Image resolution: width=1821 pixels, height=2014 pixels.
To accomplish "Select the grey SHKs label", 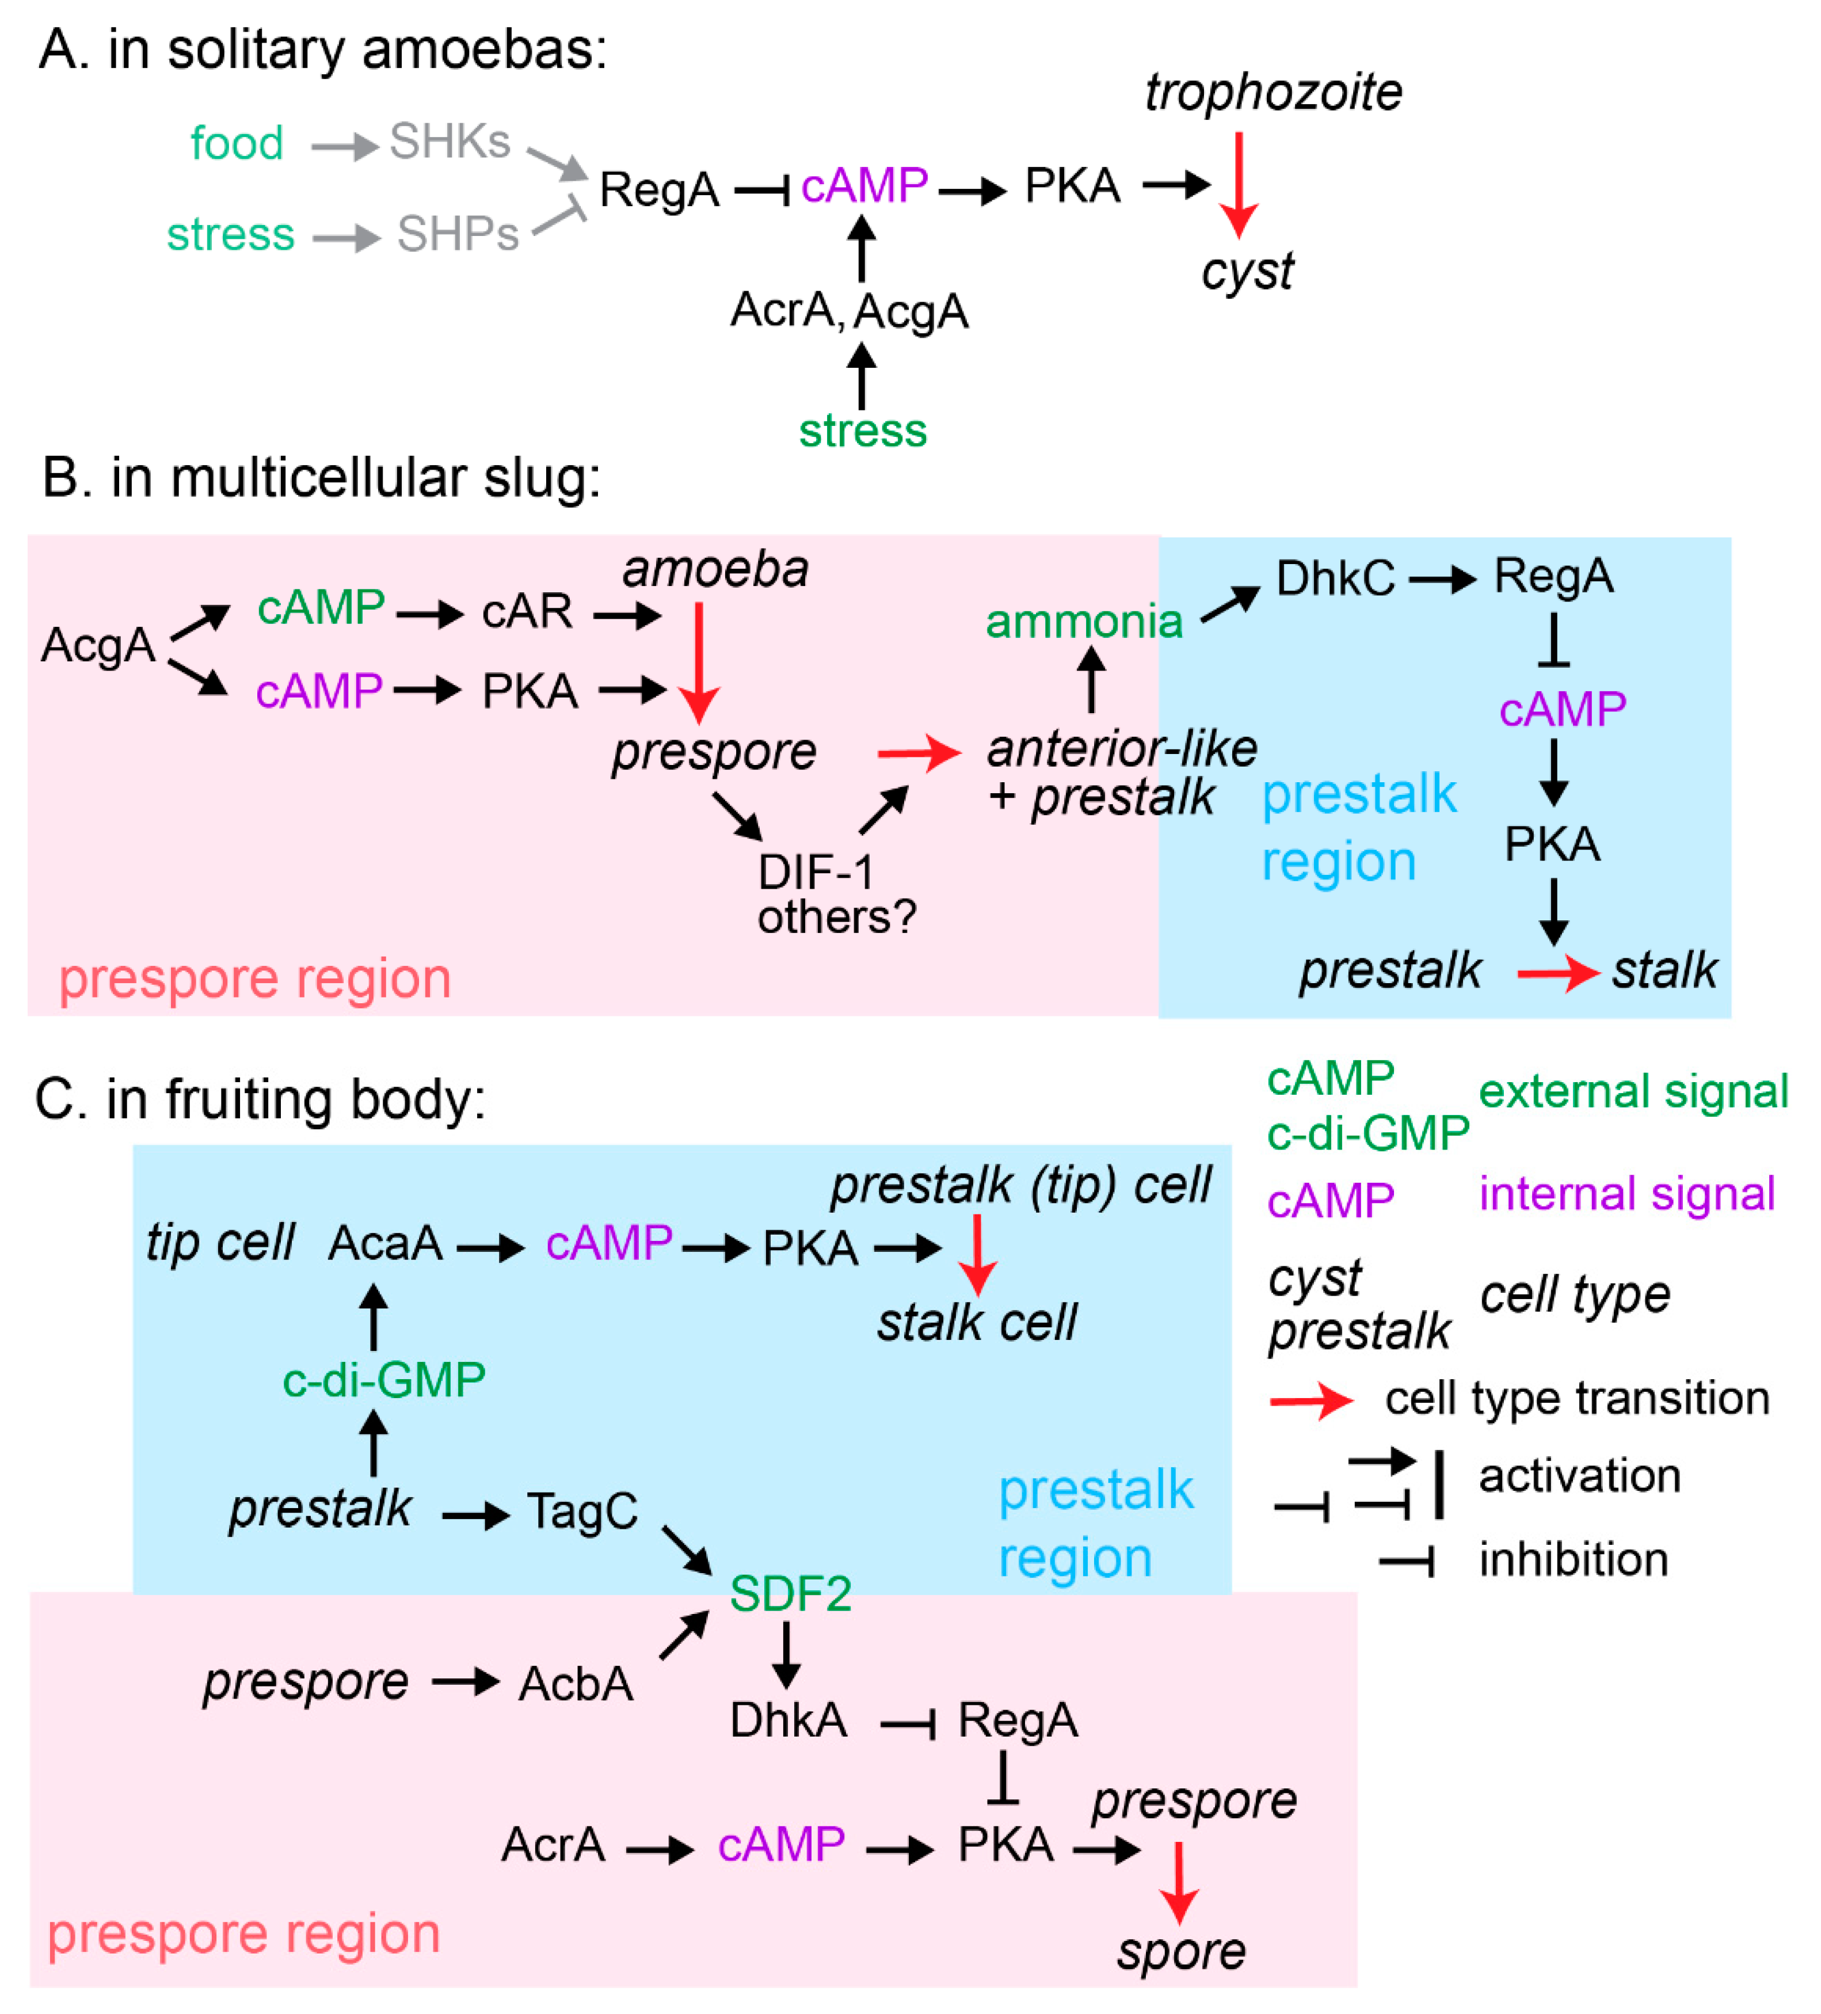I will click(x=449, y=141).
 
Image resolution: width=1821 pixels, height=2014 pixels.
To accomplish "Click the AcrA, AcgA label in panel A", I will click(x=849, y=311).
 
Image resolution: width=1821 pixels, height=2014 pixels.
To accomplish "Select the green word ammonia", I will click(x=1084, y=622).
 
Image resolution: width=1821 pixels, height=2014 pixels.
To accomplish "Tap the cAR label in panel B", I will click(x=527, y=611).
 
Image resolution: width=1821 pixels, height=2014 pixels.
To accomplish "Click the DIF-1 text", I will click(x=815, y=872).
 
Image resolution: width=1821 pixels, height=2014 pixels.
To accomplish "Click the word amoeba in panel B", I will click(x=715, y=569).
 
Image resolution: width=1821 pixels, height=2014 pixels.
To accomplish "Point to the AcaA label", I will click(x=386, y=1244).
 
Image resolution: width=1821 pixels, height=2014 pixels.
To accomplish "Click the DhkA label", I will click(x=788, y=1720).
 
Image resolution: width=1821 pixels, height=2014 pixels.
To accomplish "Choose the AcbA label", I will click(x=576, y=1684).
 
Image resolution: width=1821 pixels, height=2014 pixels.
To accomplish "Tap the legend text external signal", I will click(x=1632, y=1092).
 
